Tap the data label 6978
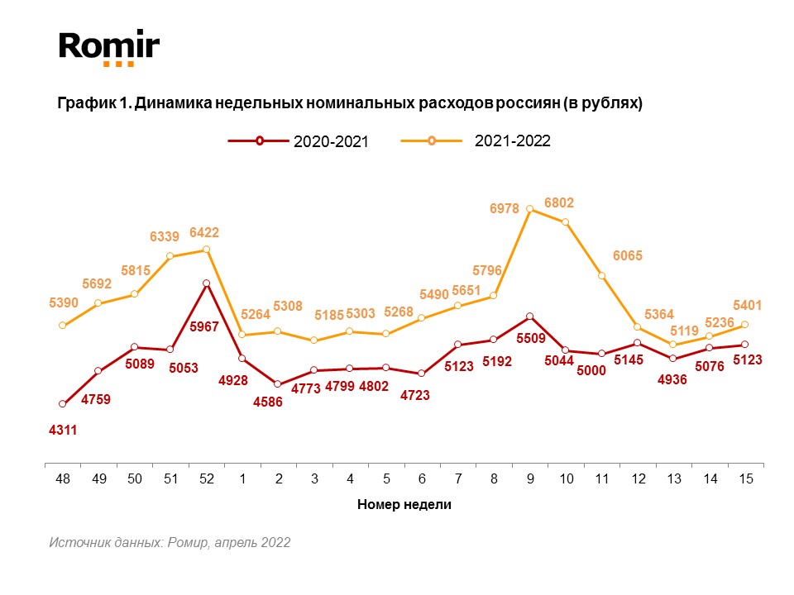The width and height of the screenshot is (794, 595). [x=504, y=210]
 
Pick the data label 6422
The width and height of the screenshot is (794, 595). [x=205, y=233]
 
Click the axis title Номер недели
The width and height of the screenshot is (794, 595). [x=404, y=504]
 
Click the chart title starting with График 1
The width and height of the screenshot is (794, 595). [x=350, y=104]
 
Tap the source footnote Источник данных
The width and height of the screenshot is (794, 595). [x=170, y=543]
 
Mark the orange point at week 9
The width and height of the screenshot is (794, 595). [x=530, y=209]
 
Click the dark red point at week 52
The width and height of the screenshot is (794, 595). [x=206, y=283]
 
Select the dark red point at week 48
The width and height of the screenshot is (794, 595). [x=62, y=403]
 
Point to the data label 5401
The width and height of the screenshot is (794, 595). [x=748, y=306]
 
